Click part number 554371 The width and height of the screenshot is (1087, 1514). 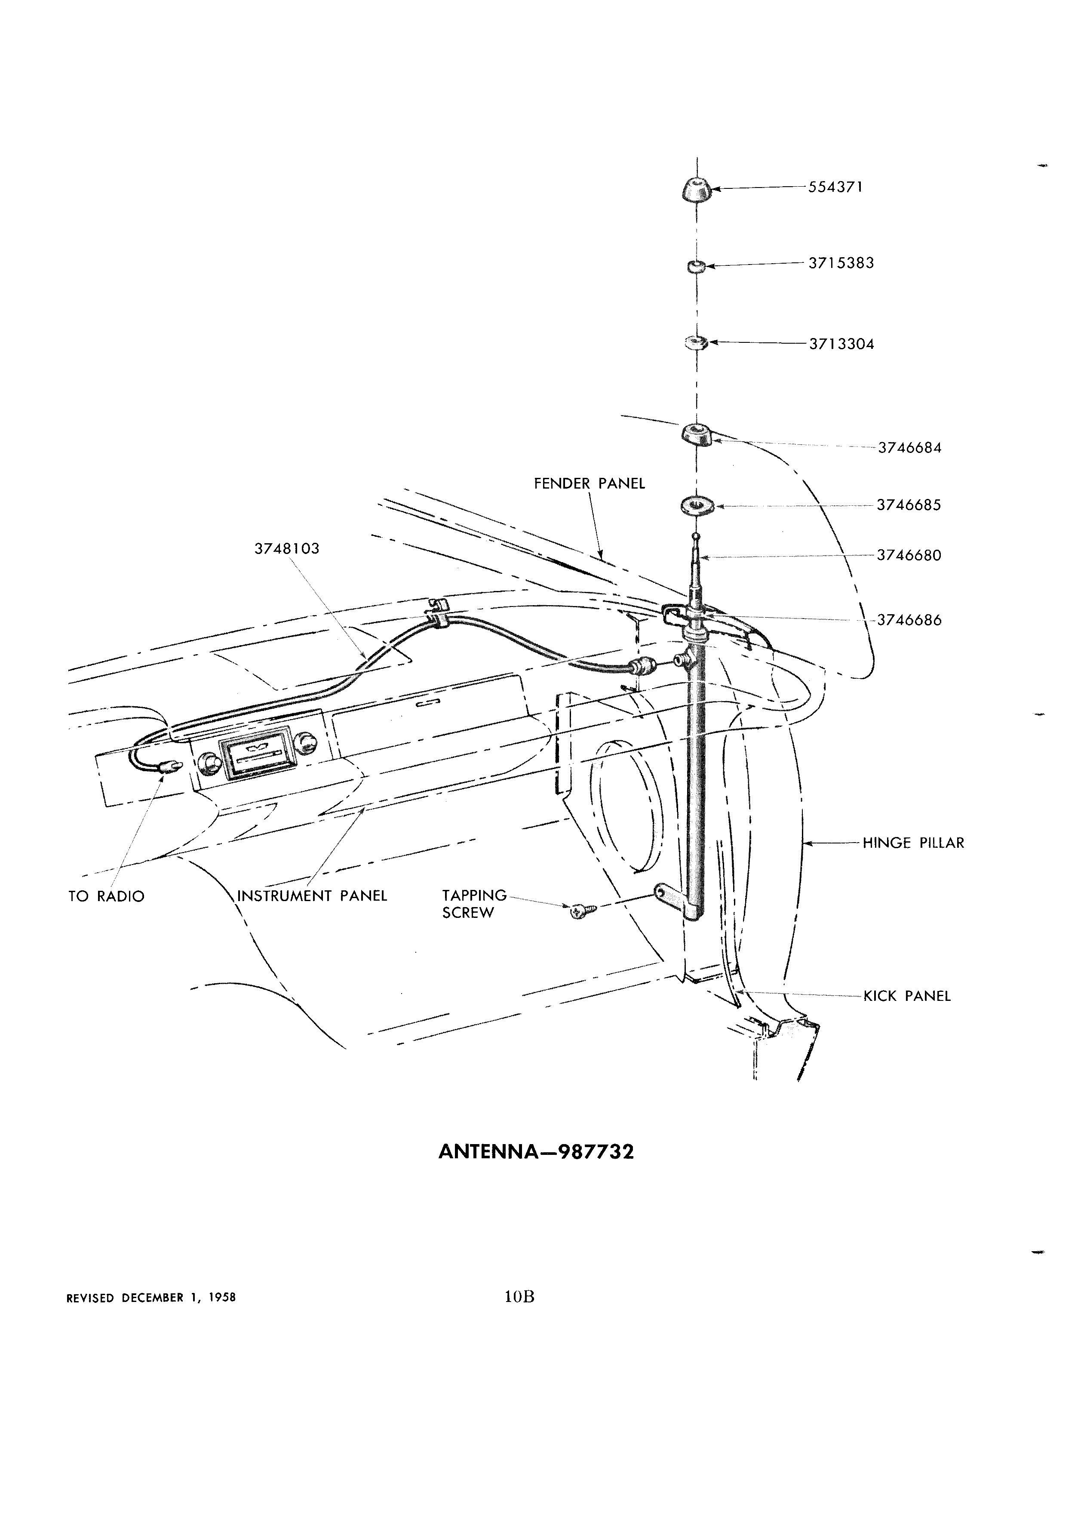(835, 188)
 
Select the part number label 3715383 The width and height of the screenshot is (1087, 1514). (841, 263)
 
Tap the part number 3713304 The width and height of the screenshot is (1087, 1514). (841, 345)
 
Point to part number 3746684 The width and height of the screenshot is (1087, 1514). (909, 448)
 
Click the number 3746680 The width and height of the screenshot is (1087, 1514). (909, 555)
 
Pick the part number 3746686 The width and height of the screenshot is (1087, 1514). (909, 620)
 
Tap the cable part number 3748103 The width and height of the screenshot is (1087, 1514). (287, 549)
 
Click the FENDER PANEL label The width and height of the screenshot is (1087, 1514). (589, 484)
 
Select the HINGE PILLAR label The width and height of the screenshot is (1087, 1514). (914, 843)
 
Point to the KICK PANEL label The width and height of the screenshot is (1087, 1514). (907, 997)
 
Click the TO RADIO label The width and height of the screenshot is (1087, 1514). (106, 896)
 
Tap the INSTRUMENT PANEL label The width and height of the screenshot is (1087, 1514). (312, 896)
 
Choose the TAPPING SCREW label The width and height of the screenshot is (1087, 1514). (474, 904)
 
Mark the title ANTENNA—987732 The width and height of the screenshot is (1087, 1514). (536, 1153)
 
